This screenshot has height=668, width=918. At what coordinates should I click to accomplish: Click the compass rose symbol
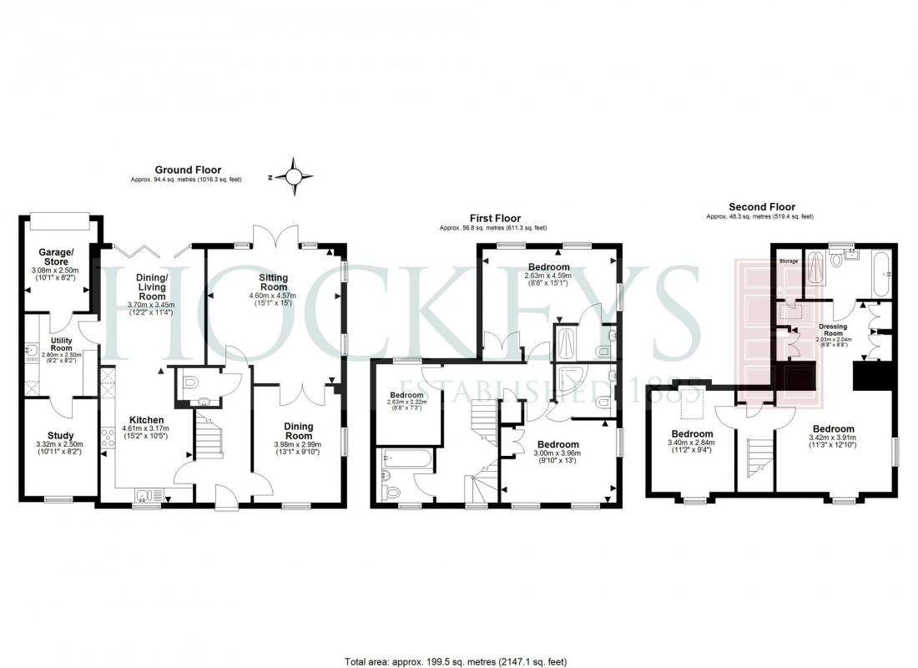tap(294, 176)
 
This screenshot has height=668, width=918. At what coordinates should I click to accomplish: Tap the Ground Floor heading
tap(188, 170)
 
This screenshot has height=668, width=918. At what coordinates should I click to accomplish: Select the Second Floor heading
tap(761, 207)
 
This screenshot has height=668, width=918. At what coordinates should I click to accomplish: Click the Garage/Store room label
tap(58, 256)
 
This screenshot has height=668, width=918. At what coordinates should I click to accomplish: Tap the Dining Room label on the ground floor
tap(299, 430)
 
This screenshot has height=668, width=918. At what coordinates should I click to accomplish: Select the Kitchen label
tap(146, 420)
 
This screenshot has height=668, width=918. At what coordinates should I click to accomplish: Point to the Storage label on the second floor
tap(789, 261)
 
